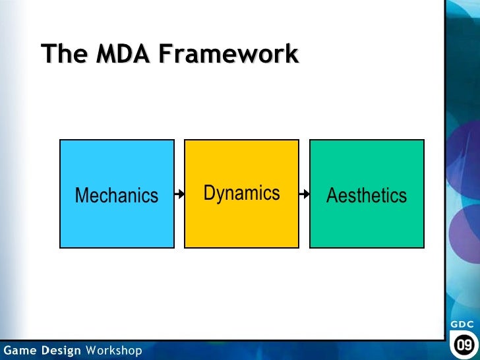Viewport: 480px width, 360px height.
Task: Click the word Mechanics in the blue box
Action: click(117, 196)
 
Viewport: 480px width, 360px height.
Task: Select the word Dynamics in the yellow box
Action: click(241, 193)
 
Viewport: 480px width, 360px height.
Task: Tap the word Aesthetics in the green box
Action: click(367, 196)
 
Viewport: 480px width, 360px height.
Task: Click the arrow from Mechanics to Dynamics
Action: click(179, 195)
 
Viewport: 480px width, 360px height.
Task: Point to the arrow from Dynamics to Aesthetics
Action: click(304, 195)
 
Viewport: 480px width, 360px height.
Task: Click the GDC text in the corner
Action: click(462, 324)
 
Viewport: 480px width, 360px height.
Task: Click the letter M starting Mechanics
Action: click(82, 196)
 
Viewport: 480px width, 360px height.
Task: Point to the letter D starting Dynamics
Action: click(209, 193)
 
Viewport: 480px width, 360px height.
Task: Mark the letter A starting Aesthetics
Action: click(332, 196)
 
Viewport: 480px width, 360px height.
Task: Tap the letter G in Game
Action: click(7, 350)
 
